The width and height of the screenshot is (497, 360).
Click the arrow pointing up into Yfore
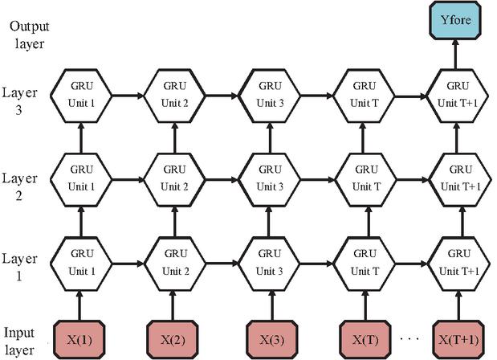pyautogui.click(x=455, y=53)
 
